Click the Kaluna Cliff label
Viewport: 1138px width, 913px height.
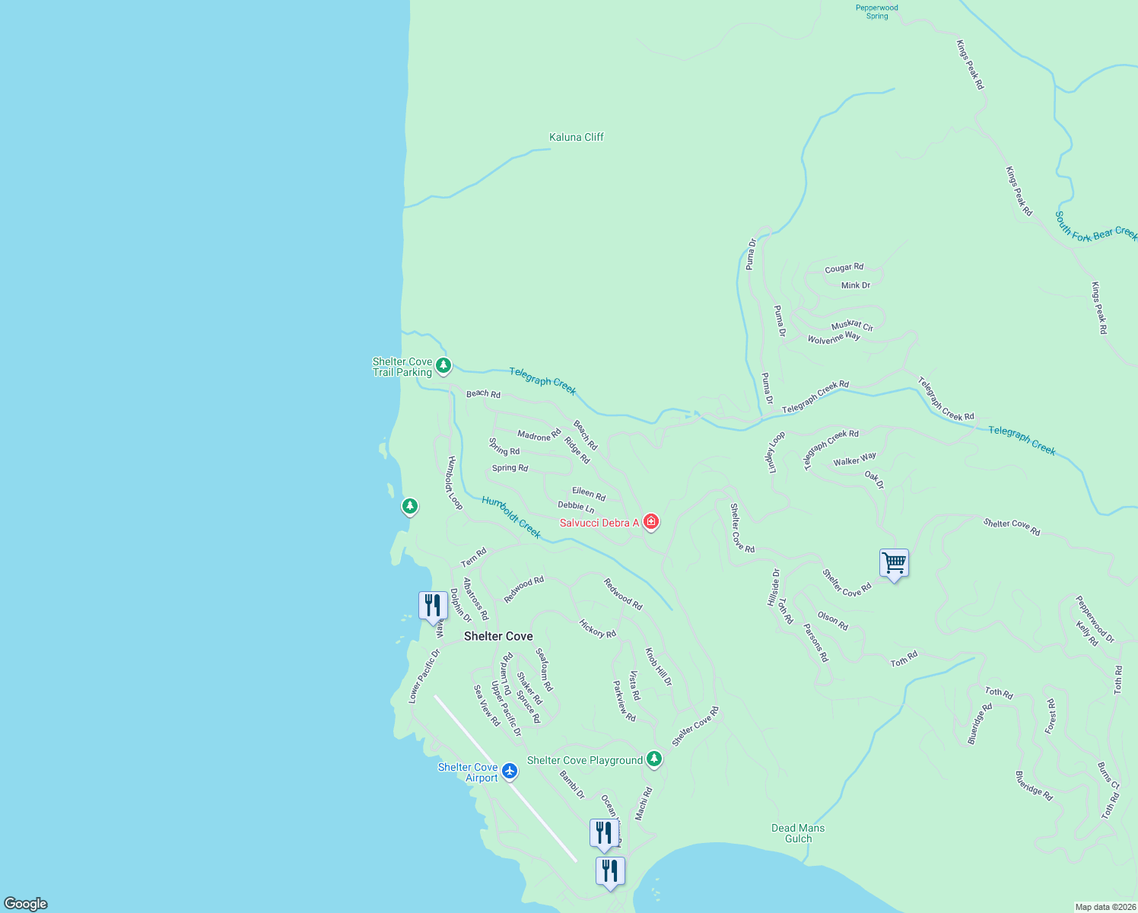(x=577, y=138)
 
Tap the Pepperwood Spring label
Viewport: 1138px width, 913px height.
(x=877, y=12)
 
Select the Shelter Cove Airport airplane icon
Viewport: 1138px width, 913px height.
(x=510, y=771)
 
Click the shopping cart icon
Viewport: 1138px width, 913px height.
(x=894, y=564)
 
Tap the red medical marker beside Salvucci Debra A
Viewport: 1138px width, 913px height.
(x=651, y=522)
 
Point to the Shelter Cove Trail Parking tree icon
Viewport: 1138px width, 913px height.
(x=443, y=366)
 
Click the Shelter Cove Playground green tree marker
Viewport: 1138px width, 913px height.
(x=654, y=759)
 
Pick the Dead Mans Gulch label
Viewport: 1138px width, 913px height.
(x=798, y=833)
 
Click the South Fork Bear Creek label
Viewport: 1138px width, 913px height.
(x=1095, y=227)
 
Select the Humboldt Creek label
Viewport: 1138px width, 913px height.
(x=512, y=517)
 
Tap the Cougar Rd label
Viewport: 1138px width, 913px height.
(x=844, y=268)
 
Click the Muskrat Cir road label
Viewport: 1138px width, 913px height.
(x=852, y=326)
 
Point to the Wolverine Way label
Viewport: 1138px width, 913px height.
(x=834, y=338)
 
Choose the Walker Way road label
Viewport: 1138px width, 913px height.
(x=854, y=460)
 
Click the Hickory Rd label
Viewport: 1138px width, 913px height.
(x=598, y=628)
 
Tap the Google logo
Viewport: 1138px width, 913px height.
(x=26, y=904)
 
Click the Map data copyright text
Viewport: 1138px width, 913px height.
(x=1105, y=907)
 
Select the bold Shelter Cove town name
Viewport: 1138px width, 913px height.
(x=498, y=636)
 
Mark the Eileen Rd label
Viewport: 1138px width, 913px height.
(x=589, y=494)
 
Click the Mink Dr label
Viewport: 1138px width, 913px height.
(x=856, y=285)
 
